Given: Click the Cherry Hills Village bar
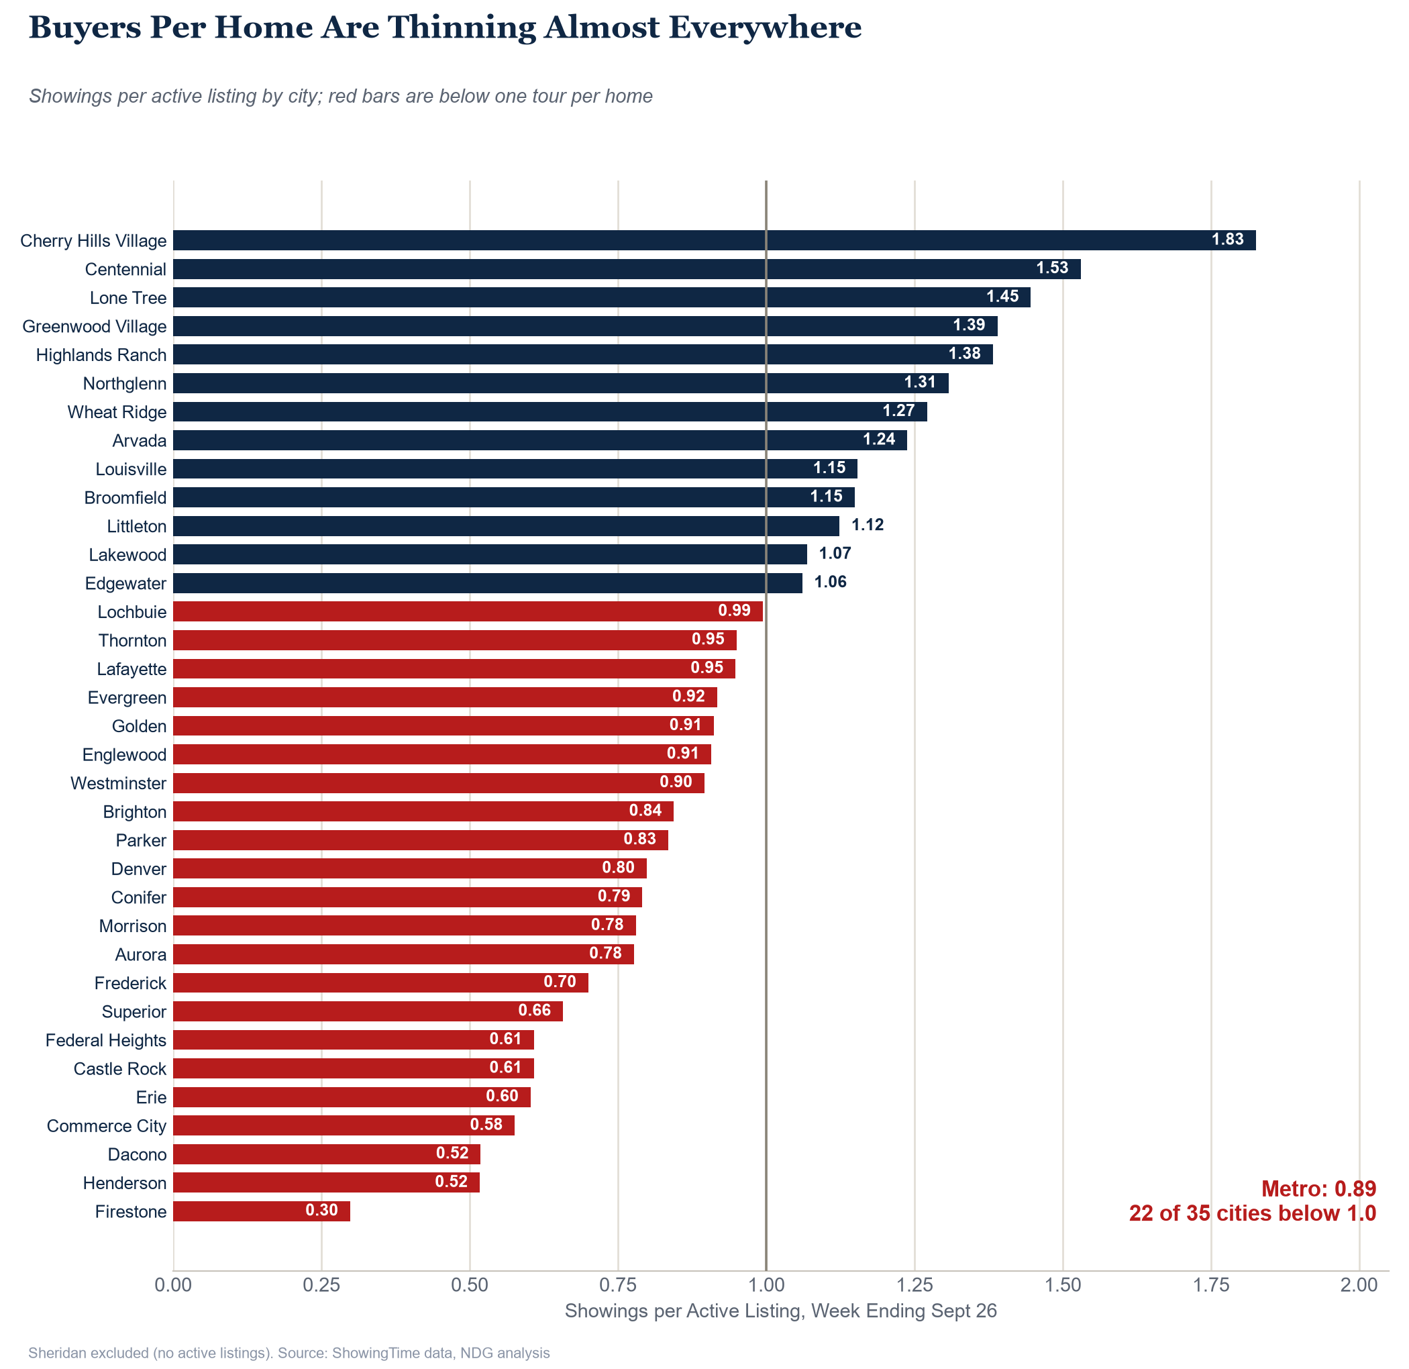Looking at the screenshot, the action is pos(715,240).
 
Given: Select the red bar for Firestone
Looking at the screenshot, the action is pos(262,1211).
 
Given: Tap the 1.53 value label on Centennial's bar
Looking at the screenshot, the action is pos(1052,268).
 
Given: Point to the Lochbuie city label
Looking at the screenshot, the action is pos(132,612).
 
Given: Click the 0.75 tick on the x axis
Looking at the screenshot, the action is pos(618,1284).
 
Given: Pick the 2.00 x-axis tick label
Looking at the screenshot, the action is pos(1359,1284).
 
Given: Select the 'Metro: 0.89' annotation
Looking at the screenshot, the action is pos(1318,1188).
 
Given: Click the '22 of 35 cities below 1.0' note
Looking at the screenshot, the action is pos(1252,1214).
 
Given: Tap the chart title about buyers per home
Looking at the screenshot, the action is pos(445,28).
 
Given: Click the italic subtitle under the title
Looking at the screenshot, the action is pos(341,97).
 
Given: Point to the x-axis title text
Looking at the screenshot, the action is pos(781,1311).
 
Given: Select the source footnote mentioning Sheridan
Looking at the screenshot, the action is pos(289,1353).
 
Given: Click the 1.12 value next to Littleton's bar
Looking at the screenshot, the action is pos(868,525).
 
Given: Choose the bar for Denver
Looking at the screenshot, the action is pos(410,868).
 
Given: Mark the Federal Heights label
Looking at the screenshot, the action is pos(106,1040).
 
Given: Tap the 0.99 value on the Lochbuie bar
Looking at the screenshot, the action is pos(734,611).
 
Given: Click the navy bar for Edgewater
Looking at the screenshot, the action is pos(487,583).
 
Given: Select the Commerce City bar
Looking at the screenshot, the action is pos(344,1125).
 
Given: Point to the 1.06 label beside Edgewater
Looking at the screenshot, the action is pos(831,582).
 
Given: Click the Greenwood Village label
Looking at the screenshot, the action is pos(94,326).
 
